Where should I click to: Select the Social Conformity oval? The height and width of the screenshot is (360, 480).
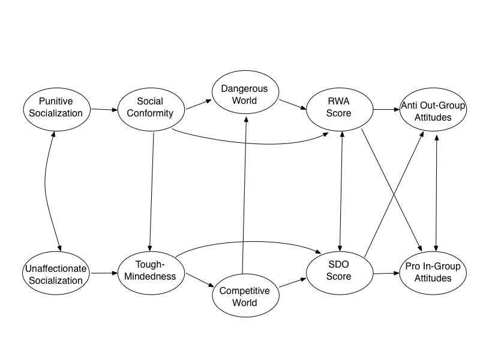pos(149,107)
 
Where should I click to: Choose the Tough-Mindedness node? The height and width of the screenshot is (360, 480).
pos(149,271)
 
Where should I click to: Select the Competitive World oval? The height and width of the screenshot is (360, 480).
pos(245,296)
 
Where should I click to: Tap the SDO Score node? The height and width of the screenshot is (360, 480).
pos(339,271)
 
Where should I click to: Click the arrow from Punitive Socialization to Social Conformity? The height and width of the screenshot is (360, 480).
pos(103,109)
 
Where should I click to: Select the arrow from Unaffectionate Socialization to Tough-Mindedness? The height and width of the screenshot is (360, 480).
pos(103,273)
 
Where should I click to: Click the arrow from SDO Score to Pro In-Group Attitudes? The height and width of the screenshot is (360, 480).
pos(385,274)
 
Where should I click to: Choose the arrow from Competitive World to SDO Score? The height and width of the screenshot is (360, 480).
pos(292,284)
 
